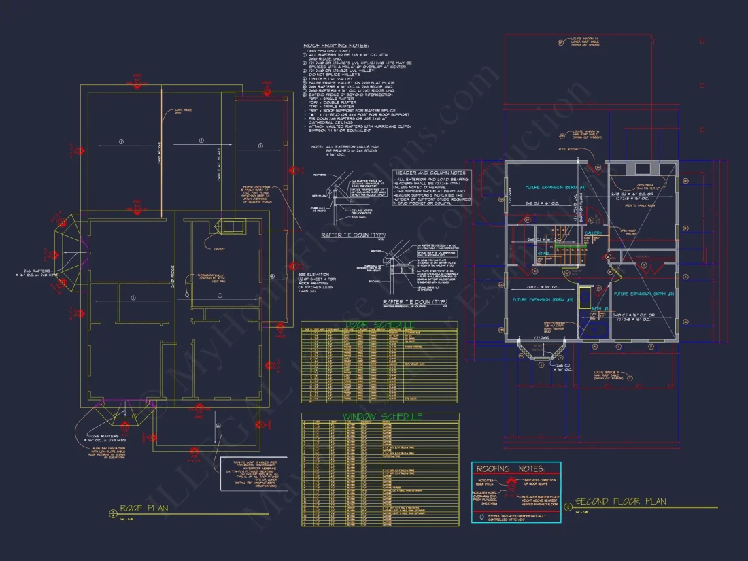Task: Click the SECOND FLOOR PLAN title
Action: pyautogui.click(x=620, y=502)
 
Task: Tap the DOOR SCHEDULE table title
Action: pyautogui.click(x=379, y=324)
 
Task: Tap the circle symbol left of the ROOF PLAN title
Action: pyautogui.click(x=112, y=513)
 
